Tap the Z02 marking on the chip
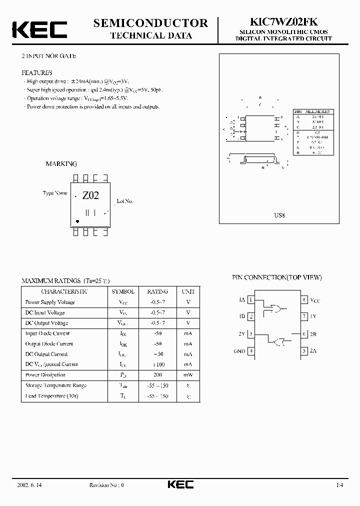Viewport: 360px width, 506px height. [90, 195]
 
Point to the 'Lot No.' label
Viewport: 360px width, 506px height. [124, 201]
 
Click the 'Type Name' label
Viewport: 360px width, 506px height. [55, 193]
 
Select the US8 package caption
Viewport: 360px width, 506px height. [279, 215]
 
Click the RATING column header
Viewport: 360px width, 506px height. [157, 291]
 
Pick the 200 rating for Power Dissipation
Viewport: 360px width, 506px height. [157, 374]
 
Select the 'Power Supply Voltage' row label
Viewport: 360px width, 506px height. [50, 302]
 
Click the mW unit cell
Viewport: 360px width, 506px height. [188, 374]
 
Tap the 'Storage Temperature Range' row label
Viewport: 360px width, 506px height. [56, 385]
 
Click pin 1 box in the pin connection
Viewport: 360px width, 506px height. [251, 300]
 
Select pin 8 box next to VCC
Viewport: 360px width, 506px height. [304, 300]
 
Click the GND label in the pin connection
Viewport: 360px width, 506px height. [239, 351]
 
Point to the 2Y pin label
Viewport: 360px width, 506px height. [241, 334]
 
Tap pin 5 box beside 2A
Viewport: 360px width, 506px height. [304, 351]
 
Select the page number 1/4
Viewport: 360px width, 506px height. [340, 485]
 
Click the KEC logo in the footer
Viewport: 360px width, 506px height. [179, 484]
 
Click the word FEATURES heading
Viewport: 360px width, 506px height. [36, 72]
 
